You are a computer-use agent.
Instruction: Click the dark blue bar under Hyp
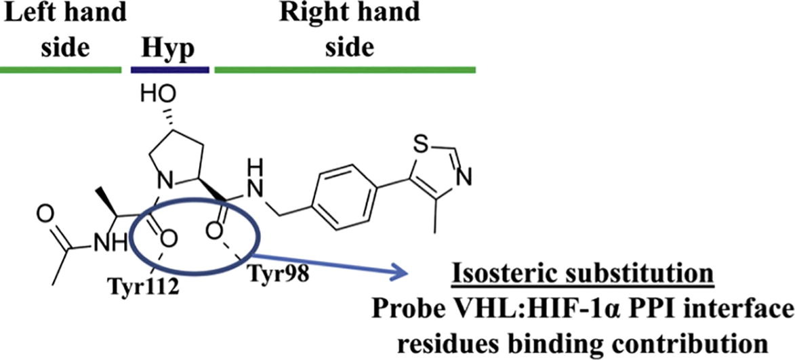(169, 69)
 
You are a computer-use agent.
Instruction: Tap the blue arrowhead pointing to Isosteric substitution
(404, 275)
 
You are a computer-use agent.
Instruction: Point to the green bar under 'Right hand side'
(345, 69)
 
